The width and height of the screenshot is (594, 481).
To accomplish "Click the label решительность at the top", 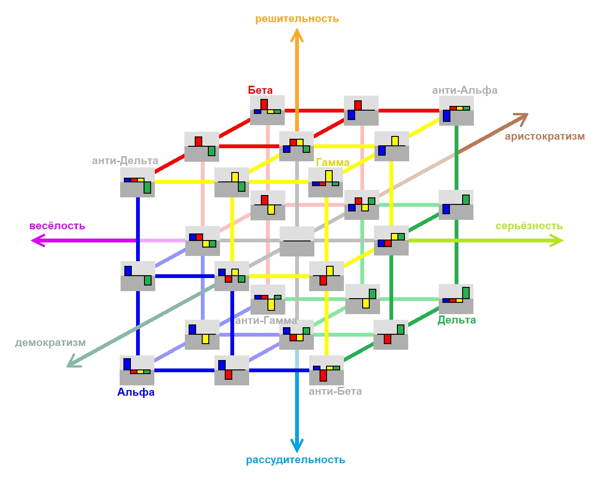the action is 297,19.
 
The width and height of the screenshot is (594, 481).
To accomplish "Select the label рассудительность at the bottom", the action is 295,460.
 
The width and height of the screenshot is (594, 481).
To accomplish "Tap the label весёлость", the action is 57,225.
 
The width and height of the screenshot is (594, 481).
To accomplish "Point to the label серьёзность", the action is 529,225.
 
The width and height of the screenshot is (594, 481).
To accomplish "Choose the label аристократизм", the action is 545,136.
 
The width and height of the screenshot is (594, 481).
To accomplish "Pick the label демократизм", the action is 50,343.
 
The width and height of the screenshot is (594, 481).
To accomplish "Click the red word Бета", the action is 260,90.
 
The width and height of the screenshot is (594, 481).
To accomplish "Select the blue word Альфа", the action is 136,392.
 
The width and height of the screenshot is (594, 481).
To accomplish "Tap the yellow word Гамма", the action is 332,163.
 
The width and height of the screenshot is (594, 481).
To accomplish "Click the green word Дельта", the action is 457,320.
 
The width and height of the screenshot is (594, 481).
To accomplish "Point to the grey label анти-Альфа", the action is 465,90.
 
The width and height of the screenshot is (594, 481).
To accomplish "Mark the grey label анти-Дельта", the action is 125,161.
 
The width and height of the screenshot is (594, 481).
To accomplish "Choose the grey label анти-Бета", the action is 335,391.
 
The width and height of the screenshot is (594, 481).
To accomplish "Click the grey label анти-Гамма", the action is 266,321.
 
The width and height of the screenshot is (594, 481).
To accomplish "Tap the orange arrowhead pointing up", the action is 297,35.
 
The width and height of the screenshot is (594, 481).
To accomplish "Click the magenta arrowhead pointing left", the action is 38,240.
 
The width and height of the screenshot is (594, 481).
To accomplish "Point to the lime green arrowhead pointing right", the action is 556,240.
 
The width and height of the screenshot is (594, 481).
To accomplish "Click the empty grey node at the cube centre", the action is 297,241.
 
